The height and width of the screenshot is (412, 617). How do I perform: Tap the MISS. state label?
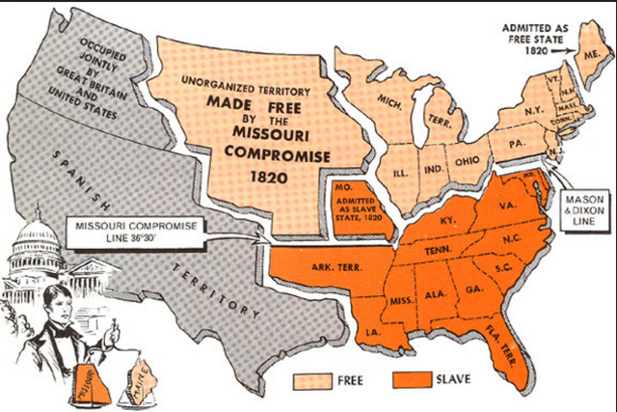(398, 302)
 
